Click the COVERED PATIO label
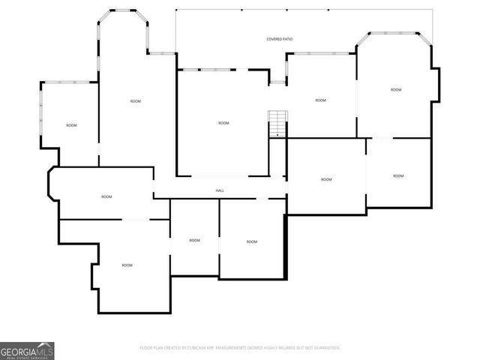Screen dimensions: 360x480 point(278,39)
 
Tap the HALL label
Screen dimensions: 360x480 point(220,190)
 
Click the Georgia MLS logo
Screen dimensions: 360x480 point(27,350)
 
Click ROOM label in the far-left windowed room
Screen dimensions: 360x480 point(71,125)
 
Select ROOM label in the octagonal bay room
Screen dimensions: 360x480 point(396,90)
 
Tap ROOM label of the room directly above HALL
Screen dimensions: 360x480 point(223,123)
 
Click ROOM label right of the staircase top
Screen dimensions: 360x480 point(320,100)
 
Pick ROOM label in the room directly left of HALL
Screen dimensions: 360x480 point(106,196)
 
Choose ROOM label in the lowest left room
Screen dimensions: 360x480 point(127,265)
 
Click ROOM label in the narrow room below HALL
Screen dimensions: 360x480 point(194,240)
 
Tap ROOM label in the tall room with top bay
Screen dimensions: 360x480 point(135,101)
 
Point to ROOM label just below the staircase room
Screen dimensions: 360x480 point(326,179)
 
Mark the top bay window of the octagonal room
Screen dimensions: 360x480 point(393,34)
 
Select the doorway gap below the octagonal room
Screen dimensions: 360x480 point(382,138)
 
